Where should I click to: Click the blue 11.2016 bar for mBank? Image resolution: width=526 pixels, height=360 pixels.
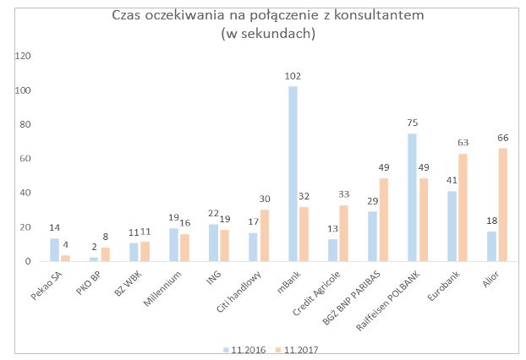click(293, 174)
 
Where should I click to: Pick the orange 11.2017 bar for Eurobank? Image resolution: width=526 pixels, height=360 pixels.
click(462, 207)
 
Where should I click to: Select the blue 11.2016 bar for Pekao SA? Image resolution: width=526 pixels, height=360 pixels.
click(55, 250)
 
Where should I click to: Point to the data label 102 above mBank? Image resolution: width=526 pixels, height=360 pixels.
click(293, 76)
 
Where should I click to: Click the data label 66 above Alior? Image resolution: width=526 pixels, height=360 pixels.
click(501, 138)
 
